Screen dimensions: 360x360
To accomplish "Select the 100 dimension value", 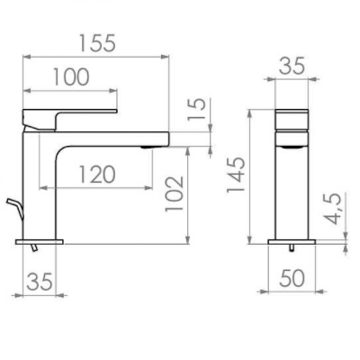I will click(69, 77).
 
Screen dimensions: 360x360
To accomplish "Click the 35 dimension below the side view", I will click(38, 283).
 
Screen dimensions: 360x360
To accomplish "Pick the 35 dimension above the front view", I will click(291, 66).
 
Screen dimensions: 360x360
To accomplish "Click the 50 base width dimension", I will click(291, 279).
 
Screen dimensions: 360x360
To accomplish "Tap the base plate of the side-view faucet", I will click(40, 241).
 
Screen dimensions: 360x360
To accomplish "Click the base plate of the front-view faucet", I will click(291, 241).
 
